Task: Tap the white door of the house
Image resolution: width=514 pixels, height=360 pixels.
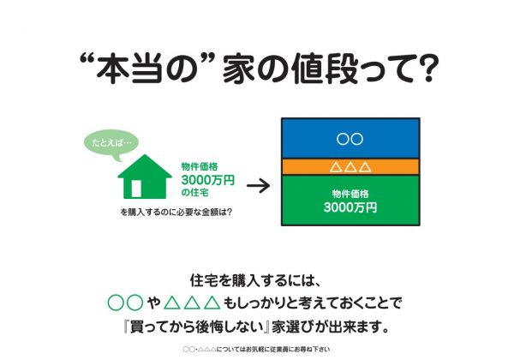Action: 136,189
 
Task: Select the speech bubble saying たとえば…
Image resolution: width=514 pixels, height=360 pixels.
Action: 111,144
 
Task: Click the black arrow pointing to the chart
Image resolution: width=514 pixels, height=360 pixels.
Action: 259,186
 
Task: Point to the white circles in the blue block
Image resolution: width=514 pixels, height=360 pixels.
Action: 350,139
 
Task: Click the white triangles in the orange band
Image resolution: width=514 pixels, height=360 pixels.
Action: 350,167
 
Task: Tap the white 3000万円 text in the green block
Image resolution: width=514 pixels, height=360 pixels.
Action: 350,207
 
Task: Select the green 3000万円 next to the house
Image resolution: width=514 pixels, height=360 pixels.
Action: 208,180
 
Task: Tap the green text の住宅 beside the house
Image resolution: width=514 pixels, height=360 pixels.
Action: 194,193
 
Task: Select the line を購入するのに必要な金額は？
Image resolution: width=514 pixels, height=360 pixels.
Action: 176,212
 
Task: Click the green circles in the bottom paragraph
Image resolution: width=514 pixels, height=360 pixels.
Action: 126,303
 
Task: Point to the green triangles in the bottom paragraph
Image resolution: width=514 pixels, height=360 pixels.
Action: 192,303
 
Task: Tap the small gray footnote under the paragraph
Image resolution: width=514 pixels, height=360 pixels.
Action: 256,350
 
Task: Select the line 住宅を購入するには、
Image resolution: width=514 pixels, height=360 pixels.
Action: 254,280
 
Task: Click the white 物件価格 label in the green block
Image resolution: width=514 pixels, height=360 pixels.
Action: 350,194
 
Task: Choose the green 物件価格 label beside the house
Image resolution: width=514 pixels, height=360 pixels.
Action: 200,166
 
